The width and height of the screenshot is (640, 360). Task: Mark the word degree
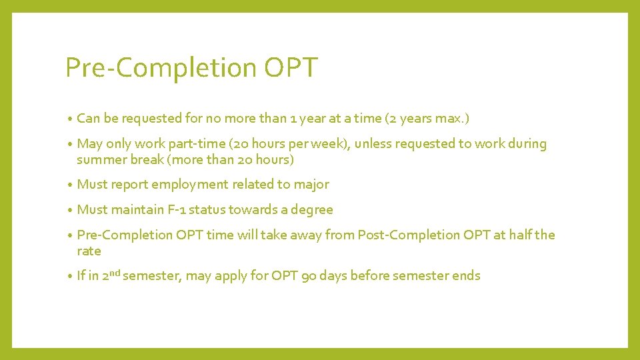(312, 210)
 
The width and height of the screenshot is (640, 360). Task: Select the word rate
(89, 251)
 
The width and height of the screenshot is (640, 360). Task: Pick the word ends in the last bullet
(466, 276)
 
